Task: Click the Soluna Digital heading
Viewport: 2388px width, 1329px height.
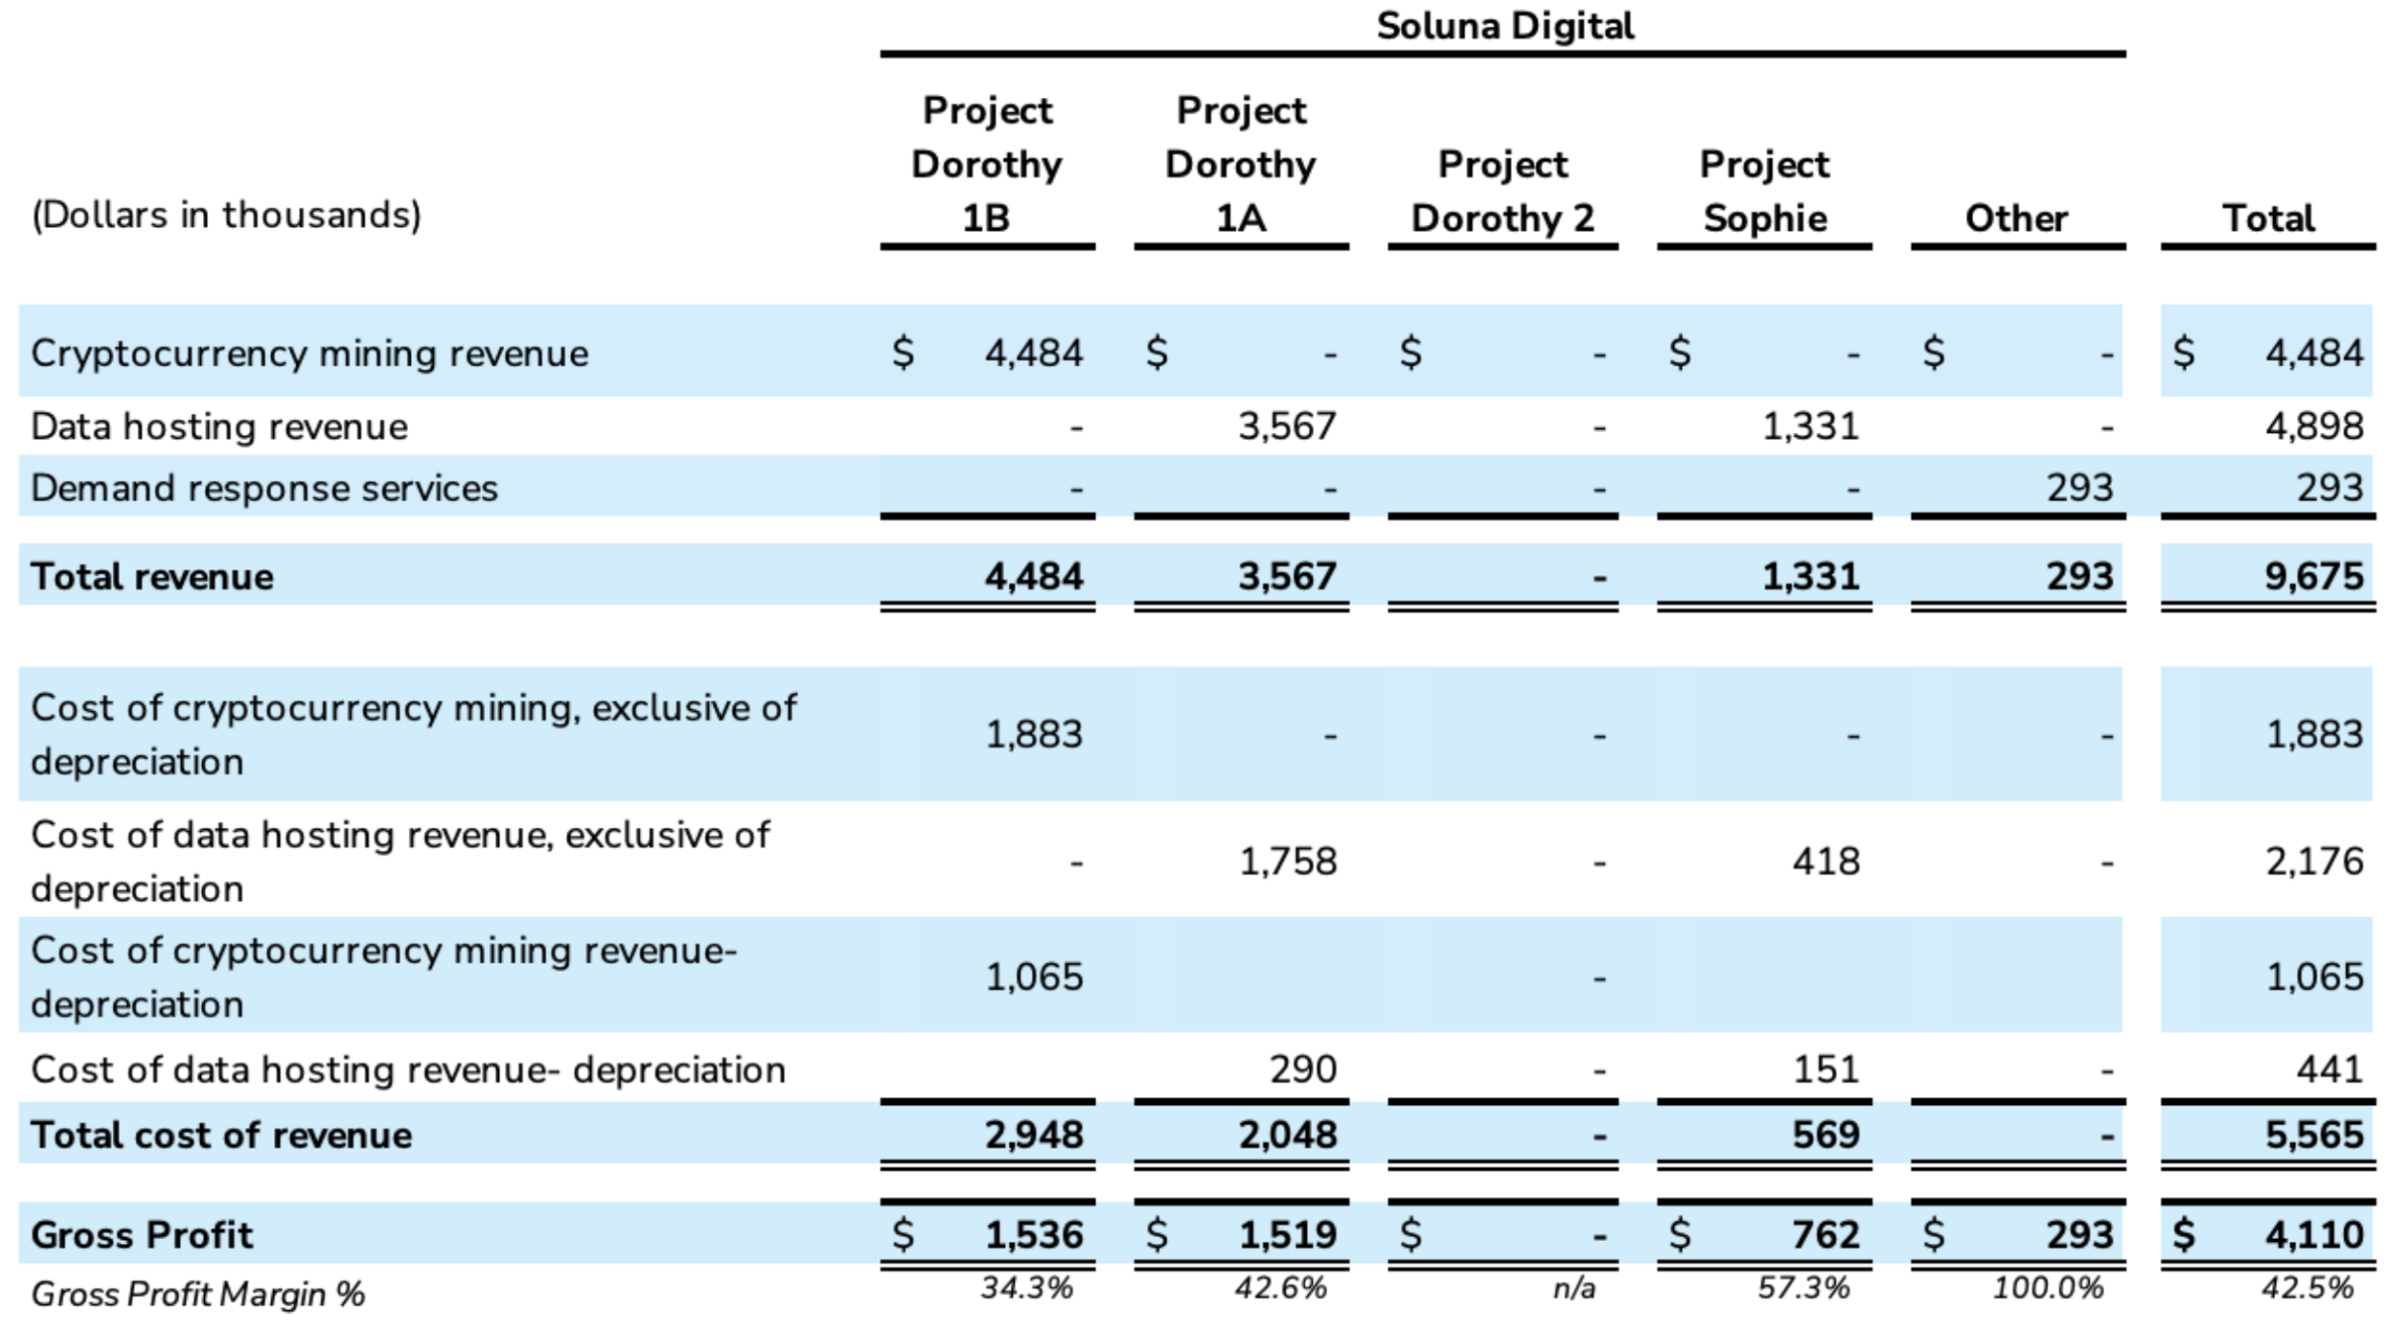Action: tap(1504, 26)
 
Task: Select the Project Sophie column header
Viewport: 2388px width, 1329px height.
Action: tap(1764, 191)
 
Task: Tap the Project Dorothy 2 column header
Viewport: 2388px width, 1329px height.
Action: tap(1502, 191)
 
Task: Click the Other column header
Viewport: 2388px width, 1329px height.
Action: tap(2016, 218)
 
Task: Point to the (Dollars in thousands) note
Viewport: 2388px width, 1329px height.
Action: tap(227, 215)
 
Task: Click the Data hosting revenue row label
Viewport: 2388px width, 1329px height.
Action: tap(219, 427)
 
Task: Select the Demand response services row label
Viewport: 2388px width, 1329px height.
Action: tap(264, 488)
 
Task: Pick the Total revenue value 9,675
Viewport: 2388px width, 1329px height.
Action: tap(2314, 576)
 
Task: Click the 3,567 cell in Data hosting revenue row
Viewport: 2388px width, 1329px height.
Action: tap(1287, 427)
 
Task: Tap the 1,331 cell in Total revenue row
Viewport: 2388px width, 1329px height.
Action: tap(1810, 576)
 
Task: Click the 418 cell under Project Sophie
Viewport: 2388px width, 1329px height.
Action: tap(1826, 862)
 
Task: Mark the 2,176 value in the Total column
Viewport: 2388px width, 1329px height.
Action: tap(2314, 862)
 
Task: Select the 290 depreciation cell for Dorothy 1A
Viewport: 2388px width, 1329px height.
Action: tap(1303, 1070)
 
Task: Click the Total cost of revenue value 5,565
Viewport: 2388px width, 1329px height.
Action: tap(2314, 1135)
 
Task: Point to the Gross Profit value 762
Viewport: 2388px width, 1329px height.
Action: tap(1826, 1235)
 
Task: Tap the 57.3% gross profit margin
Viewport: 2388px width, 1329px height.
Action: tap(1803, 1288)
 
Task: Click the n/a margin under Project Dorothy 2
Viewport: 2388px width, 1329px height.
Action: tap(1573, 1288)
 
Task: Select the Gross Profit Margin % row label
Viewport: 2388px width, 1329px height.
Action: tap(198, 1294)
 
